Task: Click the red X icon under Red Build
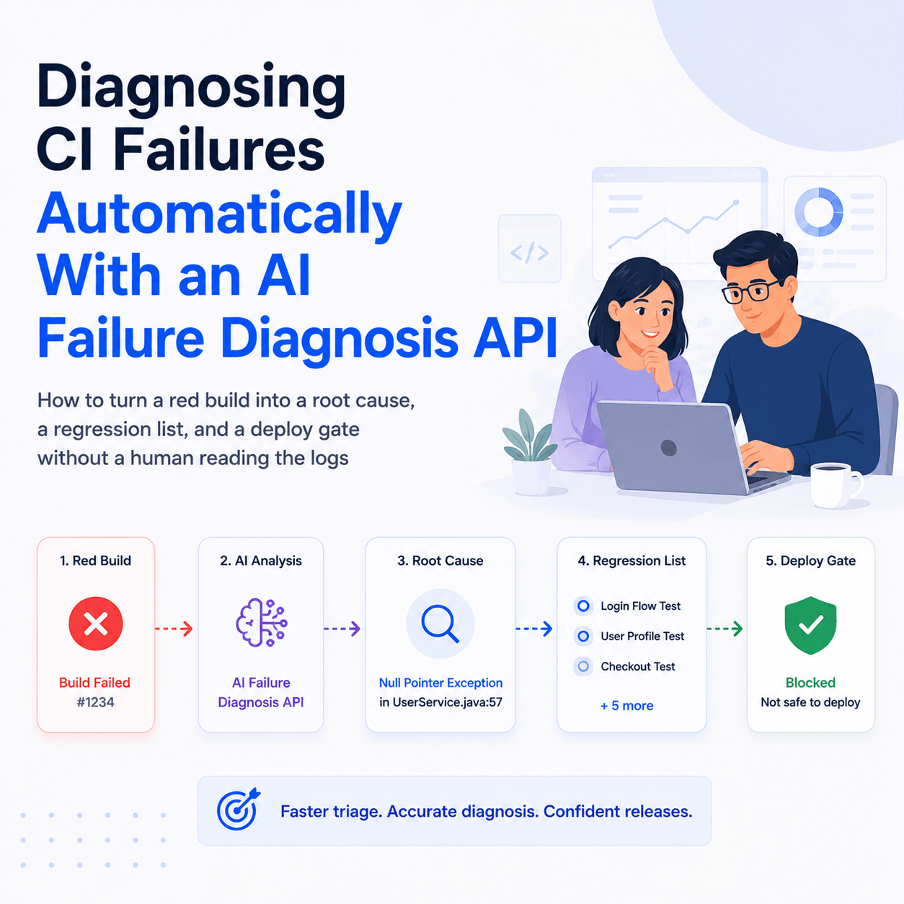pos(96,624)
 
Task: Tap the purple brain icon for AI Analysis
pos(261,623)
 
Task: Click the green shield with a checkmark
pos(810,625)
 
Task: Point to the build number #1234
pos(95,702)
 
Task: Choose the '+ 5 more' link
pos(626,706)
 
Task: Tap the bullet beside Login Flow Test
pos(583,606)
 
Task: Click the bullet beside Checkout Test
pos(583,666)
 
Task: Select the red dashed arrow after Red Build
pos(174,628)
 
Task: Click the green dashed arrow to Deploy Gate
pos(724,628)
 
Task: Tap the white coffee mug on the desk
pos(836,485)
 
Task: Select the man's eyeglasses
pos(750,291)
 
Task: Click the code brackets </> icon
pos(529,252)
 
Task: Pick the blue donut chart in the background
pos(819,212)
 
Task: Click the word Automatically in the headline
pos(220,213)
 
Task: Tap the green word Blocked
pos(810,683)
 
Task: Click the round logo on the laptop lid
pos(668,448)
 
